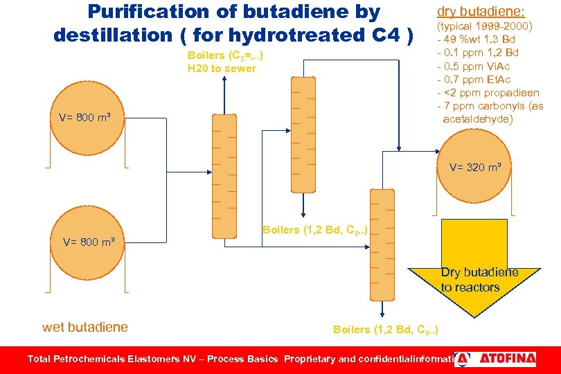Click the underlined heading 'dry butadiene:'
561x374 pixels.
click(x=481, y=11)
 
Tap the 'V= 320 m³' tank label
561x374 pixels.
click(x=480, y=167)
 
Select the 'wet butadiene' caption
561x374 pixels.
click(x=85, y=328)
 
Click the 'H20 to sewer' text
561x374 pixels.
click(x=222, y=69)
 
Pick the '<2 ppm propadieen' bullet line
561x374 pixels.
click(x=489, y=93)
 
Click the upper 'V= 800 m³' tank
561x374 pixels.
click(x=87, y=118)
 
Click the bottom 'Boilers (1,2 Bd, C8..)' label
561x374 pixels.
click(x=386, y=329)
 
